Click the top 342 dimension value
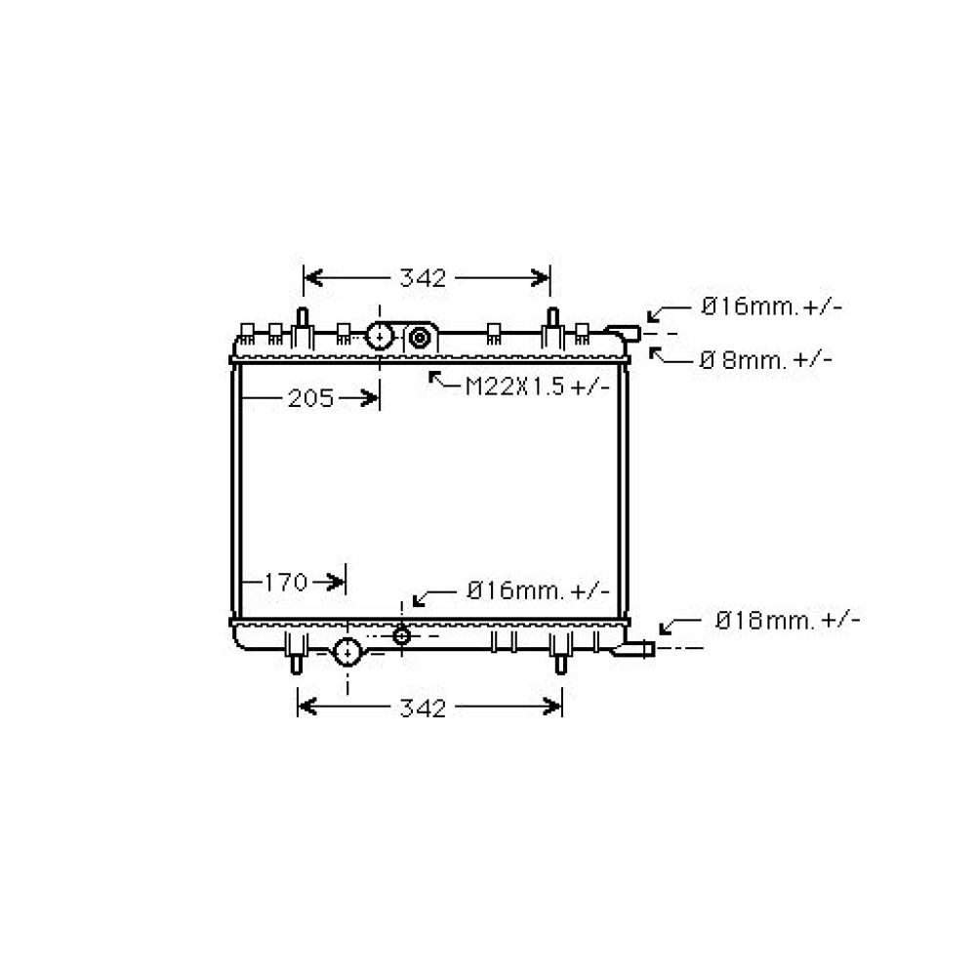coord(423,278)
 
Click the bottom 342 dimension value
coord(423,709)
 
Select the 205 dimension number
coord(310,398)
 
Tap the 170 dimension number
coord(286,583)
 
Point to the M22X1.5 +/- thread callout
coord(538,387)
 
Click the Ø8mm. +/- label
coord(765,360)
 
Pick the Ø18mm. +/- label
coord(788,621)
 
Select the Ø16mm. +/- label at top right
coord(772,306)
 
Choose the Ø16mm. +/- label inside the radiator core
coord(539,590)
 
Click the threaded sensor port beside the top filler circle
coord(420,339)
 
